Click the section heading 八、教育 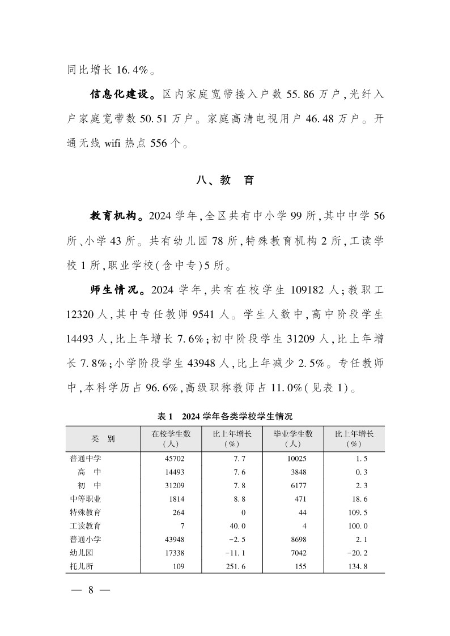pos(224,181)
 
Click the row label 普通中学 pos(86,459)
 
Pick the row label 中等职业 pos(86,498)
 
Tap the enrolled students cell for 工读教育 pos(182,525)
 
